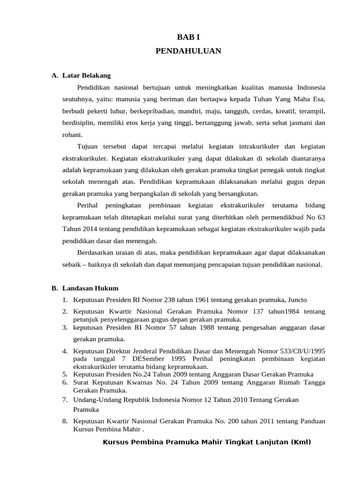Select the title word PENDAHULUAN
click(187, 51)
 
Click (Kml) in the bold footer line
click(300, 442)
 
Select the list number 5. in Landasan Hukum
click(65, 375)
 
